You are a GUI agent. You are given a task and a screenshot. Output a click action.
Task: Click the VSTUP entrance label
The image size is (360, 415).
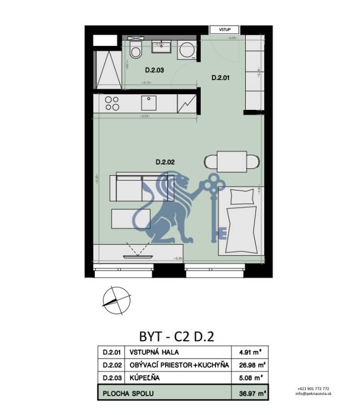point(224,30)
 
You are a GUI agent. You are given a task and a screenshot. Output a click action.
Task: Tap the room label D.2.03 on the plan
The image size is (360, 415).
point(155,70)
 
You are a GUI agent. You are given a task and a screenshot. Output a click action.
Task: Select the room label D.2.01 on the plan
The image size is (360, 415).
point(220,77)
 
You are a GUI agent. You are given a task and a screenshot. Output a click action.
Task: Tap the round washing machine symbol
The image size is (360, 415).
point(187,49)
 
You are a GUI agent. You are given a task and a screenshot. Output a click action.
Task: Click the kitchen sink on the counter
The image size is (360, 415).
point(148,103)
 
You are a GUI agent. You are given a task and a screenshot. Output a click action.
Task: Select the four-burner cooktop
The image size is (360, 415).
point(113,103)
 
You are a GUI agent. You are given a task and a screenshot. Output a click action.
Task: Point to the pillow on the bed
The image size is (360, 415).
point(241,197)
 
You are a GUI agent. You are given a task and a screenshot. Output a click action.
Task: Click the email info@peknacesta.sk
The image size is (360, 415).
point(313,394)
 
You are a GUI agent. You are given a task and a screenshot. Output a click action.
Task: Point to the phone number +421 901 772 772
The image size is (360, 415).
point(313,388)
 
